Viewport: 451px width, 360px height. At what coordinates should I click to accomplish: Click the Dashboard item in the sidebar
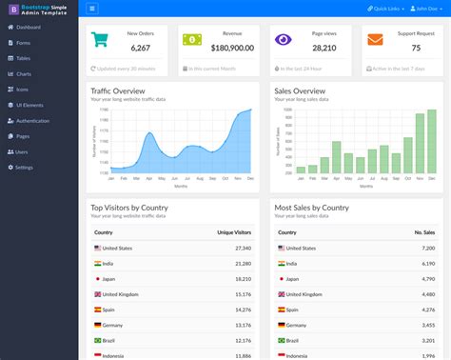(28, 28)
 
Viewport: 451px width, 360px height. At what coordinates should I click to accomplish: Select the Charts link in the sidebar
(24, 73)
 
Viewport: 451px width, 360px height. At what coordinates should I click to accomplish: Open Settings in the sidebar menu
(24, 167)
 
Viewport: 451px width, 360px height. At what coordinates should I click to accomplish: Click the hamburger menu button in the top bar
(92, 9)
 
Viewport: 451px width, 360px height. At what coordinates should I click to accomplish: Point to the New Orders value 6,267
(140, 47)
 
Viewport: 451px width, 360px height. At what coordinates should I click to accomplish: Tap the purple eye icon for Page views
(284, 40)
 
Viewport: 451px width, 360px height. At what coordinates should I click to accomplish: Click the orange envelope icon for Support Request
(375, 40)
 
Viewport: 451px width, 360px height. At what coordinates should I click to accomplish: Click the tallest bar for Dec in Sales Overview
(433, 141)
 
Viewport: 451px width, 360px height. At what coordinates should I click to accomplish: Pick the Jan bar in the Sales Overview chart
(301, 170)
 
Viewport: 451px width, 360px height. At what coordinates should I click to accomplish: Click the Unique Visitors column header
(233, 232)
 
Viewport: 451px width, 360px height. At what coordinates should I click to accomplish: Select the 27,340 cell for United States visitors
(243, 248)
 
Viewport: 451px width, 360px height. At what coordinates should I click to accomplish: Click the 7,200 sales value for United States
(428, 248)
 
